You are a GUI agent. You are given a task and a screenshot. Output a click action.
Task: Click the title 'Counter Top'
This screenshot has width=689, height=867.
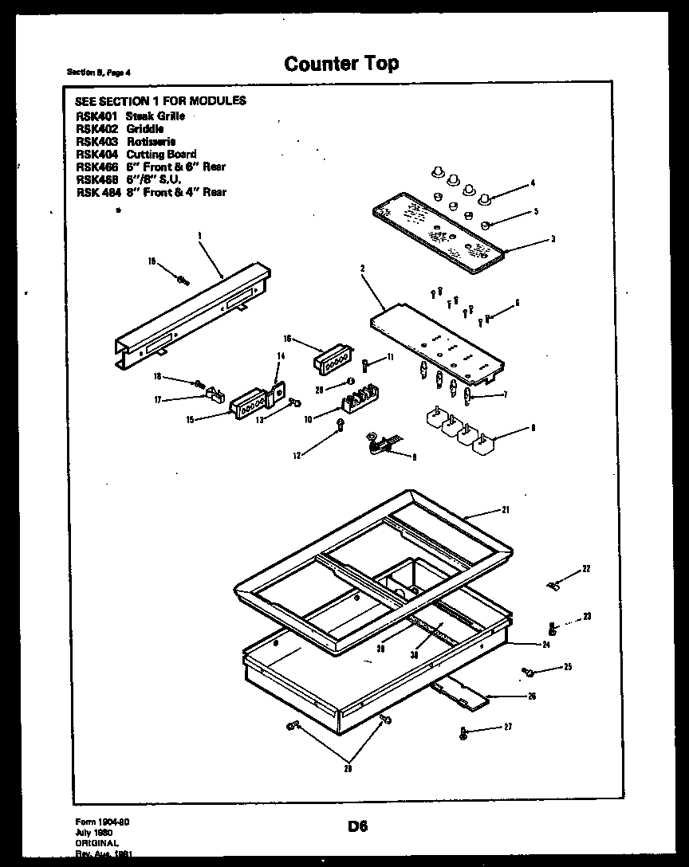341,64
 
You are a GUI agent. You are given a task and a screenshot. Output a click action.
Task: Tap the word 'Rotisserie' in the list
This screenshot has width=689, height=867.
151,141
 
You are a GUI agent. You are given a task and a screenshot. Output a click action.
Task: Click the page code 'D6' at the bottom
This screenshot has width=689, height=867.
356,826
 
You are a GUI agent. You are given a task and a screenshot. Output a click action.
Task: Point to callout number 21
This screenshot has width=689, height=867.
506,509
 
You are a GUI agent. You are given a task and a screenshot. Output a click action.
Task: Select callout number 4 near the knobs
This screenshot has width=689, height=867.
532,183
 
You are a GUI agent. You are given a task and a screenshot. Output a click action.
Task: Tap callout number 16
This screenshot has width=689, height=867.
287,339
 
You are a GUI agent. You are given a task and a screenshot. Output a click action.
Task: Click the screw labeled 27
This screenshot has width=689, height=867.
463,732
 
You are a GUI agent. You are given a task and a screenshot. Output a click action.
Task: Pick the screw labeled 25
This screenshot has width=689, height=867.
527,672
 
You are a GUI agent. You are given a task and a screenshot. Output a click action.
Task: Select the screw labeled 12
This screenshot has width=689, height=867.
341,424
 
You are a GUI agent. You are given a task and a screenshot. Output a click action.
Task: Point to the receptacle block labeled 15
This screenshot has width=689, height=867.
248,407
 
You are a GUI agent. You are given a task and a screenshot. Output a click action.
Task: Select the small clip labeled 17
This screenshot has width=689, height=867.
214,393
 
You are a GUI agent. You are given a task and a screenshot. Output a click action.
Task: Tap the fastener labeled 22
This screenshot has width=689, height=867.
554,586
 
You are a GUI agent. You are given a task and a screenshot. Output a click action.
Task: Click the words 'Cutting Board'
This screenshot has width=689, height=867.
161,154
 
